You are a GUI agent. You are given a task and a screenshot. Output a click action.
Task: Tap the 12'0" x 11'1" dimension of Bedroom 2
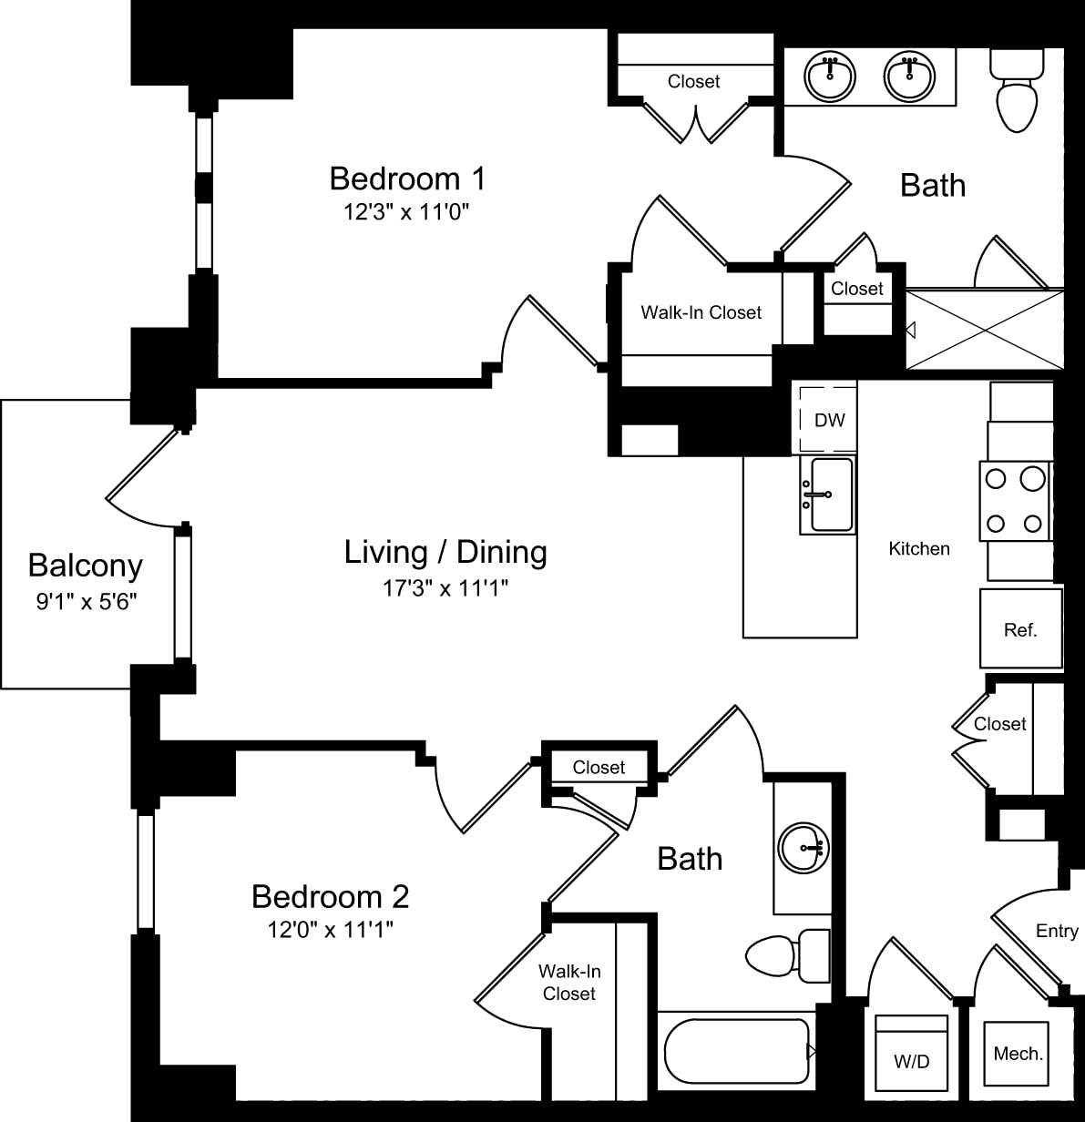point(330,930)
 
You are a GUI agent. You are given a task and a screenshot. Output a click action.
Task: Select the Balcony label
point(85,566)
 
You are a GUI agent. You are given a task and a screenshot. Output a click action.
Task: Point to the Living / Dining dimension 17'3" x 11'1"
point(445,588)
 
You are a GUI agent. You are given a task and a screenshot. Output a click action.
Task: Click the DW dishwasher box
point(828,420)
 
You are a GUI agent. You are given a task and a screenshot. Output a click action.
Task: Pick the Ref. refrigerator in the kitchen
point(1020,628)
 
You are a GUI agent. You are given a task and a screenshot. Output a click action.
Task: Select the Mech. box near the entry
point(1018,1053)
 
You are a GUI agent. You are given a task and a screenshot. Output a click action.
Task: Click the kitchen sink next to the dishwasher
point(828,495)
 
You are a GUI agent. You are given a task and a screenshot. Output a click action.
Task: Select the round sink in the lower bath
point(803,848)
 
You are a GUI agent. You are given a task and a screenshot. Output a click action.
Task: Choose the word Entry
point(1057,931)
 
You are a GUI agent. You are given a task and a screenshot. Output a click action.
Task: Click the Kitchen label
point(919,548)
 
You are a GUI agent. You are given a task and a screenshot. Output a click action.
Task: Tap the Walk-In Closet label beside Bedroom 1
point(701,312)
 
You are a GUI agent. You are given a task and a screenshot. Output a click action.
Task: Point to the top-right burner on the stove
point(1032,478)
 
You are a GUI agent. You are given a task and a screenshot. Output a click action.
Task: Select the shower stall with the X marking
point(984,329)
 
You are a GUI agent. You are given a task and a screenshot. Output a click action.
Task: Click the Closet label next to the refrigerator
point(999,724)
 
